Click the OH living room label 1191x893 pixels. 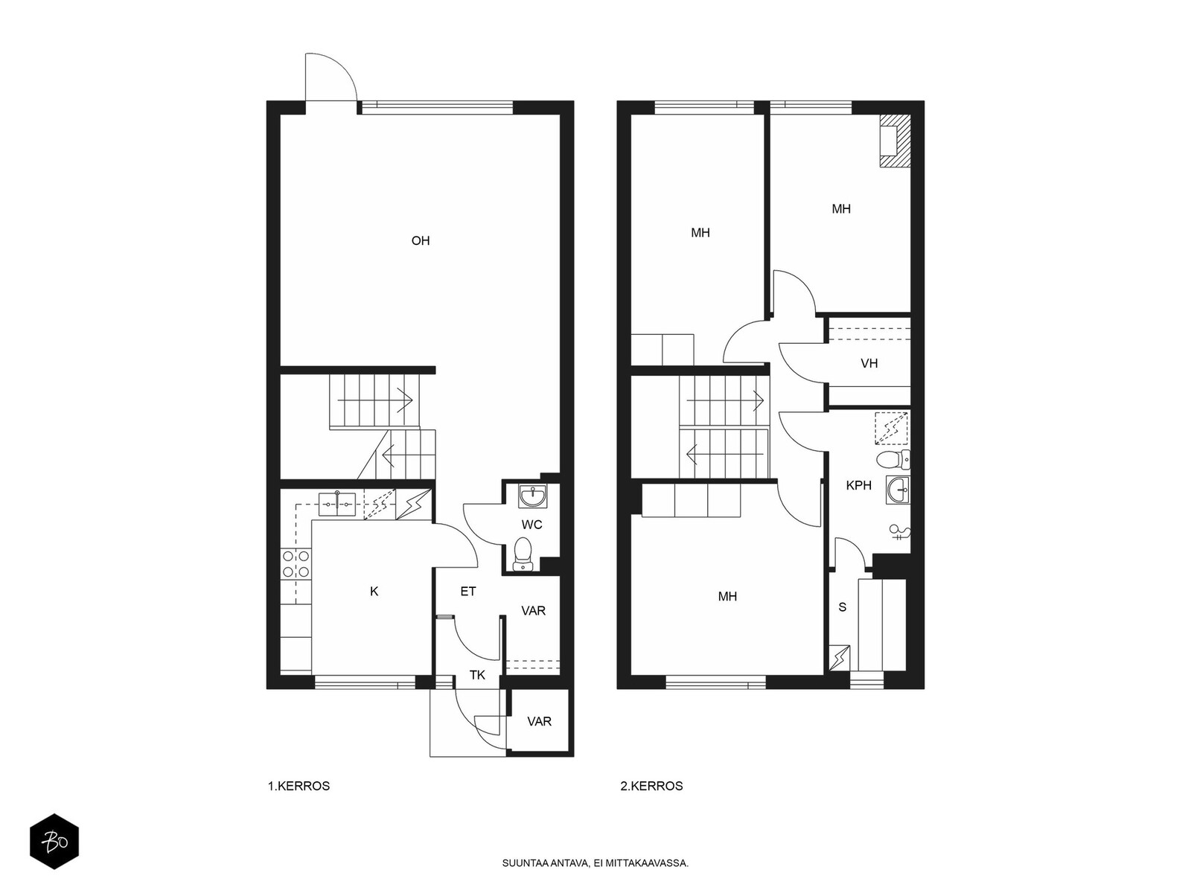(420, 240)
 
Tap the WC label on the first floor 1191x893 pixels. (531, 525)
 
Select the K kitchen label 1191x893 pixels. (374, 592)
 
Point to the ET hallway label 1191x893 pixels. (467, 592)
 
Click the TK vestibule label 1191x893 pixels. (477, 675)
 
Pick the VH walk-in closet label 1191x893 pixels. (869, 363)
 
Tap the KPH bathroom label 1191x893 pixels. (858, 485)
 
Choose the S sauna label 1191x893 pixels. (842, 607)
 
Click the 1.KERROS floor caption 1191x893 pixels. (298, 786)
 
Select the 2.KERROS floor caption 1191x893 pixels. (651, 786)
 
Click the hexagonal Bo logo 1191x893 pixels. (54, 842)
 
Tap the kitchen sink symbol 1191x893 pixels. (337, 505)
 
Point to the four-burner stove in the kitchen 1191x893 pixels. (296, 564)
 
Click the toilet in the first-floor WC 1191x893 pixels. (523, 554)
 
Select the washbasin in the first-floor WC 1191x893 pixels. (532, 496)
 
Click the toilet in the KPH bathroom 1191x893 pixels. (893, 460)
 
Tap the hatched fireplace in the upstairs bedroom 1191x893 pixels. (895, 141)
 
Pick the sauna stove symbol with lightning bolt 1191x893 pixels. (839, 658)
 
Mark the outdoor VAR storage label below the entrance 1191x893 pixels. (539, 722)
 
